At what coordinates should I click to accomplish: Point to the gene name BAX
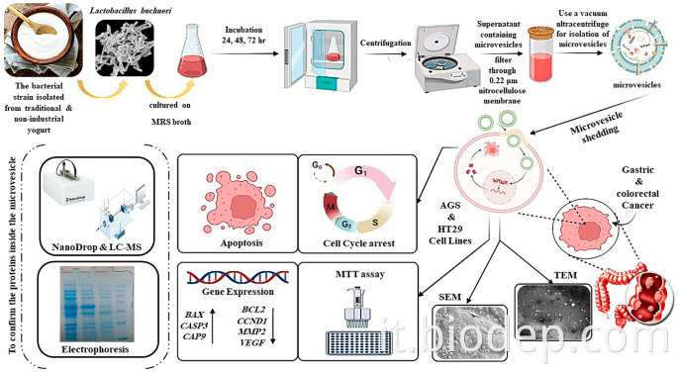[x=208, y=311]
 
